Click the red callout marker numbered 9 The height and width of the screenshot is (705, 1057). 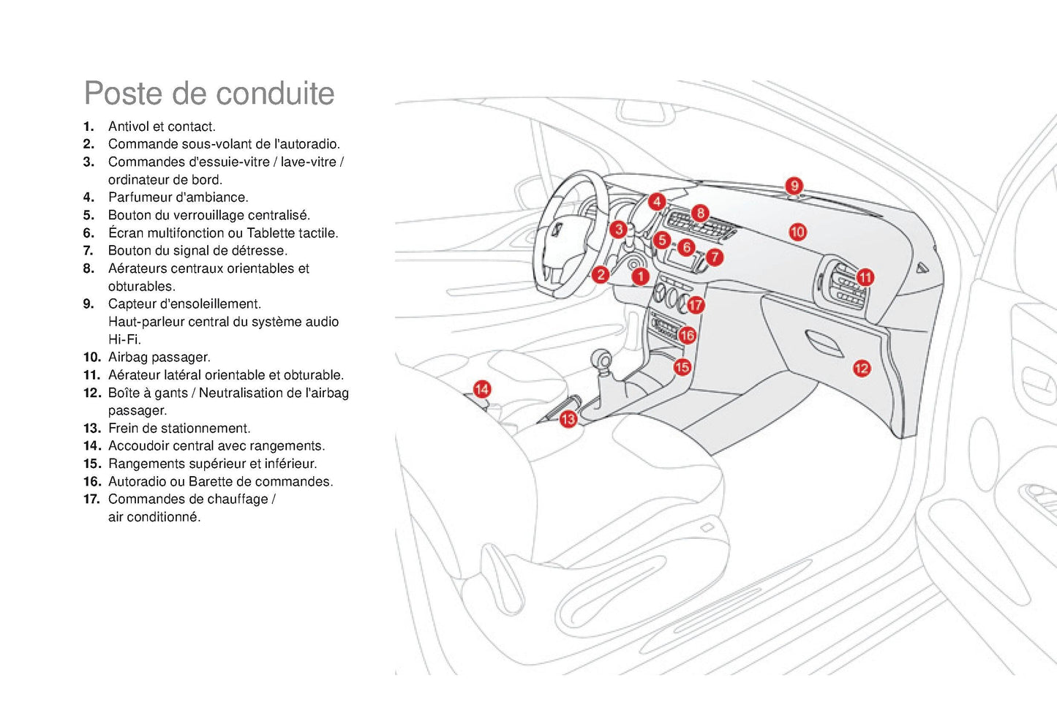point(794,186)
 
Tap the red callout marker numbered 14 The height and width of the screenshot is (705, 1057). point(481,389)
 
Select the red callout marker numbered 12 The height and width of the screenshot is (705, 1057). point(862,369)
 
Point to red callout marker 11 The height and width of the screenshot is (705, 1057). point(865,277)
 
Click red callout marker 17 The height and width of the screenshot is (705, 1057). point(696,305)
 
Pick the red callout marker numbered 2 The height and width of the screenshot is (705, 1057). point(601,275)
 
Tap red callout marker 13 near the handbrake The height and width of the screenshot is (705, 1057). point(568,419)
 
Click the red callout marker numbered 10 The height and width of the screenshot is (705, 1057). point(797,232)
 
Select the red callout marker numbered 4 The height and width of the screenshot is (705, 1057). point(657,201)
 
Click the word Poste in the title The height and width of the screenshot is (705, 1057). point(123,94)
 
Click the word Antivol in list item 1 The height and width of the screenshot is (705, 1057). point(128,127)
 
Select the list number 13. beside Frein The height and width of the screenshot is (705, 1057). point(92,429)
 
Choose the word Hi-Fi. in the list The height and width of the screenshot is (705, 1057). point(124,340)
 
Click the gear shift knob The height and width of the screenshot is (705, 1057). point(602,360)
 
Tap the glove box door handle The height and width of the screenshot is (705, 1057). point(824,342)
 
